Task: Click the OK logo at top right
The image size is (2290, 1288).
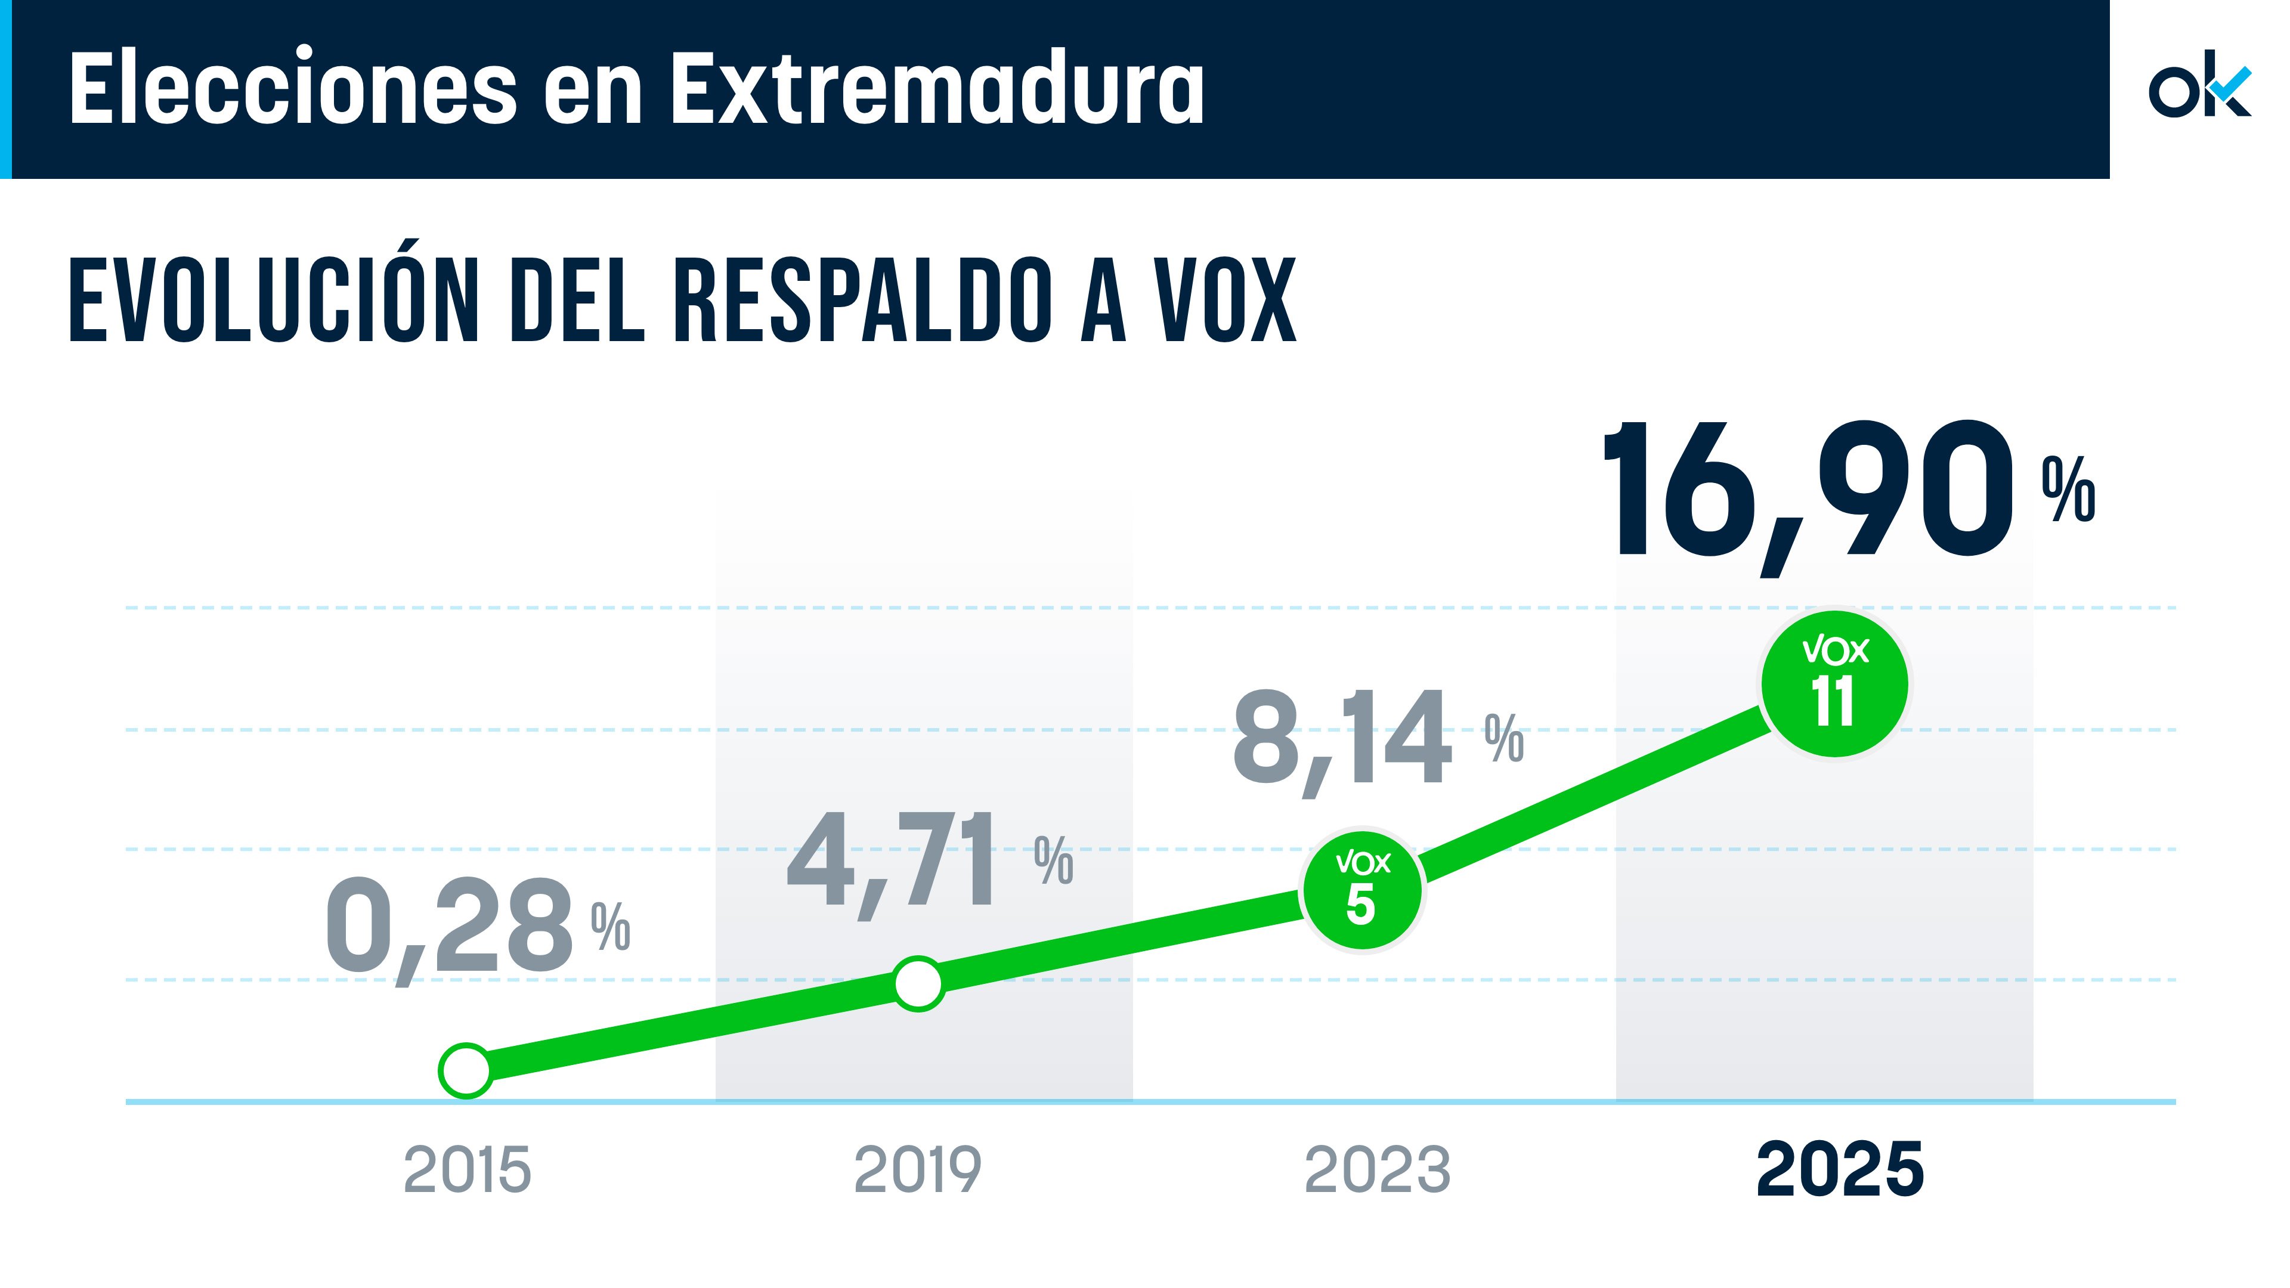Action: [2199, 90]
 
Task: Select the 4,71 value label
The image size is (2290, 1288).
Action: [893, 860]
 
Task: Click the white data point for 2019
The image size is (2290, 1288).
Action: [917, 984]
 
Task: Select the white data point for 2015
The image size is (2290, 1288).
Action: [466, 1071]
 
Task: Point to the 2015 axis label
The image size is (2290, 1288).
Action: [467, 1170]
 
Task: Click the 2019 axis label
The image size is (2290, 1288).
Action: [917, 1170]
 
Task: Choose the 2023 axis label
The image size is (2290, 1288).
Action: [1377, 1170]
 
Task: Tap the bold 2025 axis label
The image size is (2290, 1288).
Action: [1839, 1170]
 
